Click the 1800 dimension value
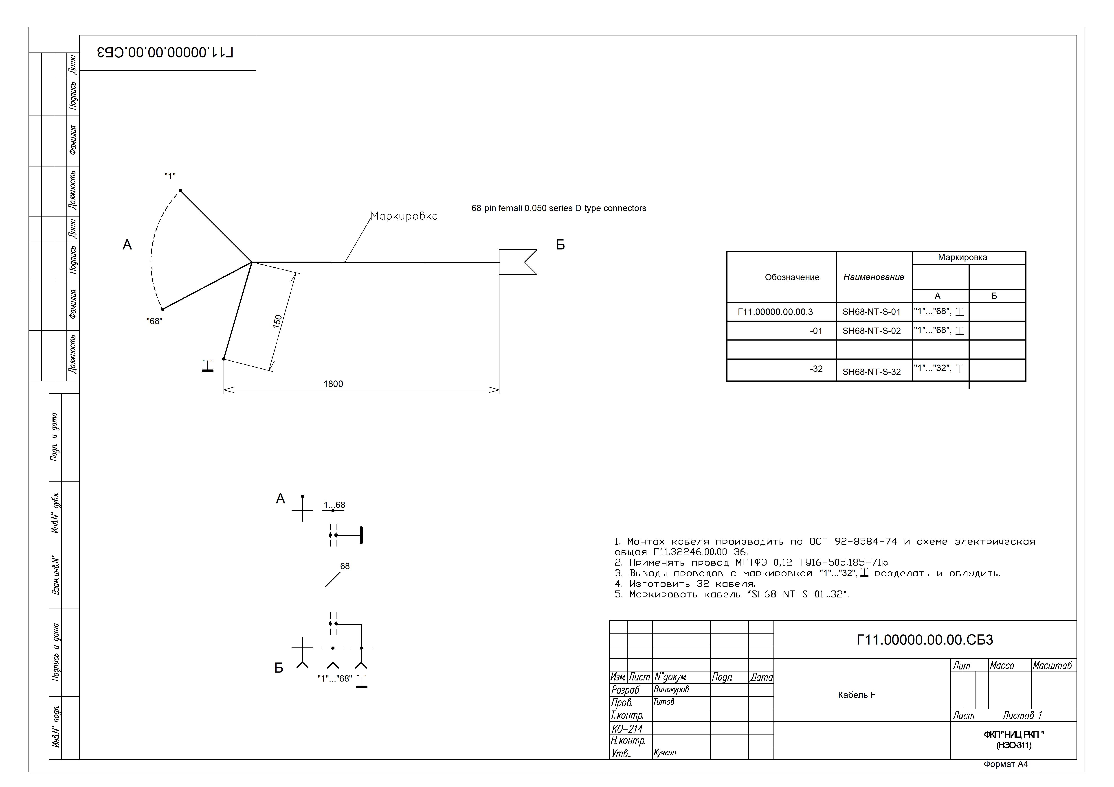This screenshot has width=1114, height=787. (333, 384)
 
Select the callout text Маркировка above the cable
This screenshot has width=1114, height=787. (404, 216)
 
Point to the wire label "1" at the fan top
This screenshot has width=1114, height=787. (170, 175)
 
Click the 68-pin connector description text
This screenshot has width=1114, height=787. (559, 208)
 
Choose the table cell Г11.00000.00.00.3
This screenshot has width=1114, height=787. (775, 312)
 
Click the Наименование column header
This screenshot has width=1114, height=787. (874, 277)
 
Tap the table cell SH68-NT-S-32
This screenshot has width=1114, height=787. (871, 372)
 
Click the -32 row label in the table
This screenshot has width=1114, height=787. (816, 369)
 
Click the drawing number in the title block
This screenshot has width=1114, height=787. (925, 640)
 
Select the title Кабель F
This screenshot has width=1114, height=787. (857, 695)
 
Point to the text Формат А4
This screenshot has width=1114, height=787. (1006, 764)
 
